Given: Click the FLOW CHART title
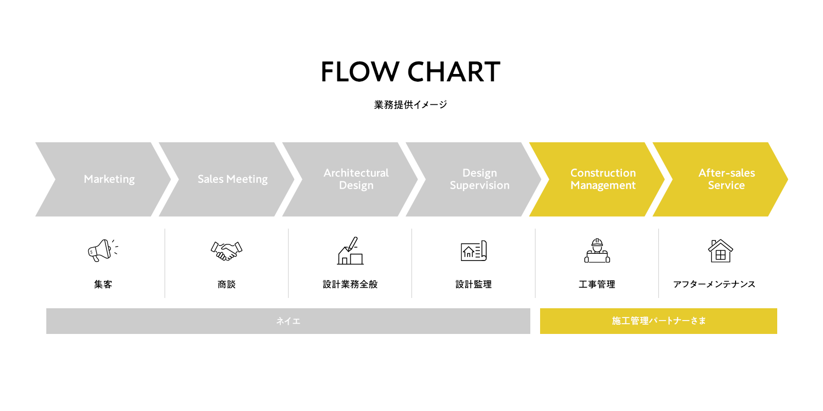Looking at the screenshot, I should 410,71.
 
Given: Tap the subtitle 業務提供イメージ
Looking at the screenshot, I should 410,105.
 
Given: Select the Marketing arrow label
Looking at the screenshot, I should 109,179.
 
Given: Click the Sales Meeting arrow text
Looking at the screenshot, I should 232,179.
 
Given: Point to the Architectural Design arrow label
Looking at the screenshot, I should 356,179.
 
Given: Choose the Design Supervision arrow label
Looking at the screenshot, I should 479,179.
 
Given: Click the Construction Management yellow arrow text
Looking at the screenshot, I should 603,179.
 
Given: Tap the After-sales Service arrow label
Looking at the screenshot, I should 726,179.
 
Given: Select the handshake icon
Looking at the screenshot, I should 226,251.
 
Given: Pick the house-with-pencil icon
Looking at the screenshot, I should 350,251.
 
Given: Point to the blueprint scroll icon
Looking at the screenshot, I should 473,251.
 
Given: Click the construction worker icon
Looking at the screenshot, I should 597,251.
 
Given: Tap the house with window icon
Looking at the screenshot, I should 720,251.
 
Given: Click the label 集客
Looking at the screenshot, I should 103,284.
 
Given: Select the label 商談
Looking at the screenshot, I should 226,284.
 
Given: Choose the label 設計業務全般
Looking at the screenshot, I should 350,284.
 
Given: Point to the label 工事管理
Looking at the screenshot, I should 597,284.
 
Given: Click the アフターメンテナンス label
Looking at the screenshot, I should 714,284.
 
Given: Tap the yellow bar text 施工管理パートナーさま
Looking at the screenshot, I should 658,321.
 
